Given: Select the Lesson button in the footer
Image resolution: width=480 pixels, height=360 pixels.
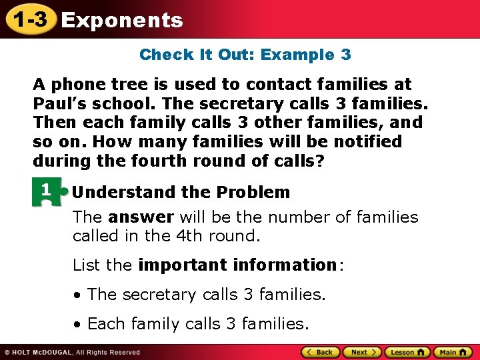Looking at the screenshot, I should pos(407,352).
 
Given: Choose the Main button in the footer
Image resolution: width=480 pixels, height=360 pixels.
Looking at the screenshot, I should pos(452,352).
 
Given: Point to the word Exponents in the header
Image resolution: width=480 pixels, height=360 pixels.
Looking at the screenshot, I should pos(121,20).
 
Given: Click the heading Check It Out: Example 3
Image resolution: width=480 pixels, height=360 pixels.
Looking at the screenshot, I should pos(245,55).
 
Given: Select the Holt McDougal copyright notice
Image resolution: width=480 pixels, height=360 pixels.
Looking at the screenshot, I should pos(72,352).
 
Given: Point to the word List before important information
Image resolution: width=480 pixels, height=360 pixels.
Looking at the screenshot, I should pos(87,265).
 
